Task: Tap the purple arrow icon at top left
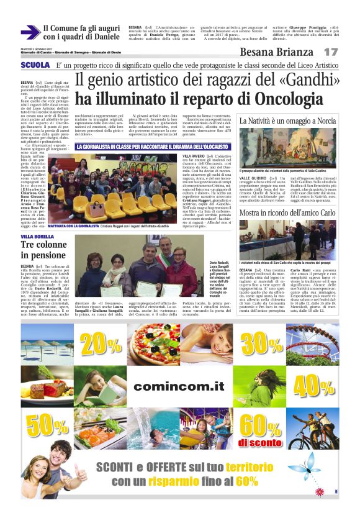(x=29, y=32)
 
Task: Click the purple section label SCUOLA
(x=34, y=65)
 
